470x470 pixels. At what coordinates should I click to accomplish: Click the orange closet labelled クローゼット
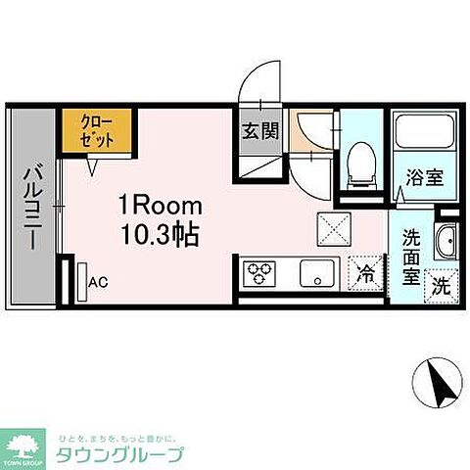pyautogui.click(x=95, y=132)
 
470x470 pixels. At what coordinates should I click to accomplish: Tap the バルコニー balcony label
pyautogui.click(x=30, y=209)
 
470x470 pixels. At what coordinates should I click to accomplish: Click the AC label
pyautogui.click(x=98, y=283)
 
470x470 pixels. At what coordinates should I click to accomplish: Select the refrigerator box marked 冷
pyautogui.click(x=365, y=273)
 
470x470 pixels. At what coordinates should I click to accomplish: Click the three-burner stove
pyautogui.click(x=261, y=272)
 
